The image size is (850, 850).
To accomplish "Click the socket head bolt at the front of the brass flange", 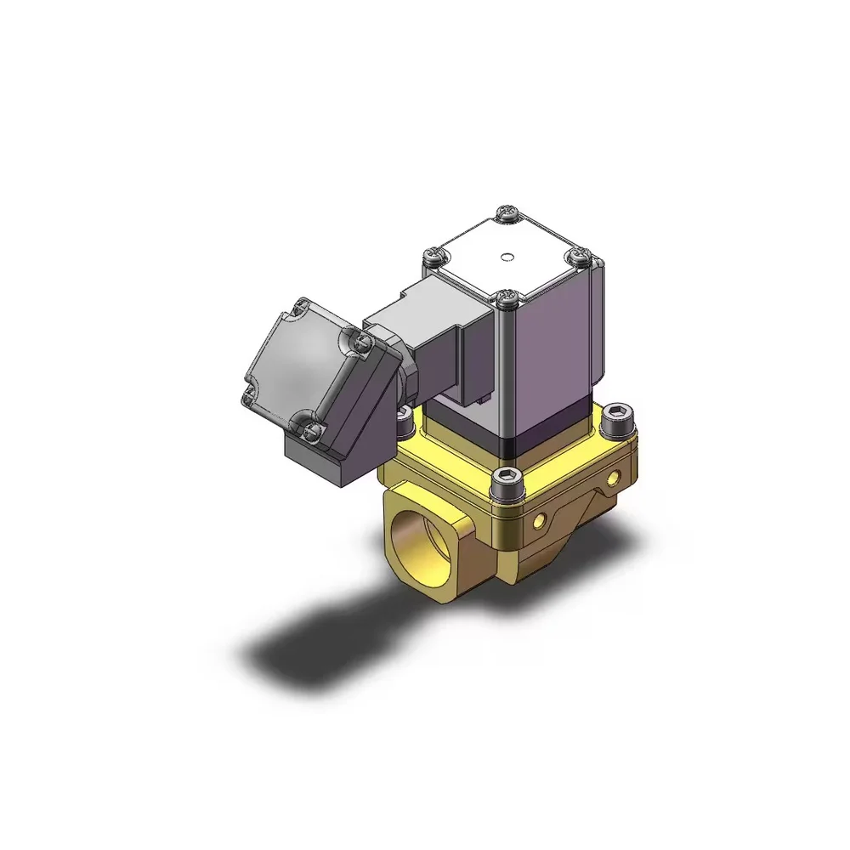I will [x=507, y=481].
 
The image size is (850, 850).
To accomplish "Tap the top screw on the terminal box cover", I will [x=302, y=304].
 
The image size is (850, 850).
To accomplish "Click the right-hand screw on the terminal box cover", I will [x=364, y=341].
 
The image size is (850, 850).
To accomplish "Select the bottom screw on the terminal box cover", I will [x=310, y=429].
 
